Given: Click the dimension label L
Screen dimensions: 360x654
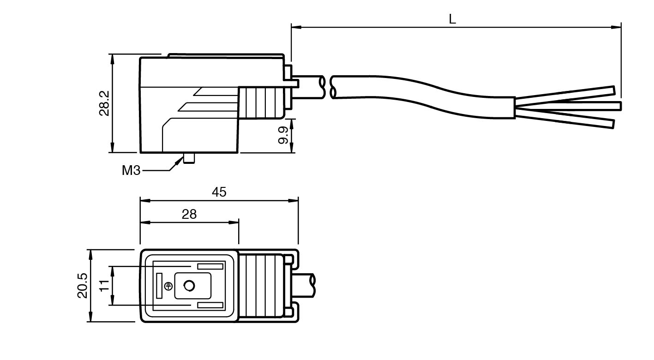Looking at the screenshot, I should (452, 19).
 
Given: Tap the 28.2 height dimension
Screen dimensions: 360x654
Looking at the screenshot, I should (104, 103).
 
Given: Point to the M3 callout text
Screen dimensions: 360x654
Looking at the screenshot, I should (131, 170).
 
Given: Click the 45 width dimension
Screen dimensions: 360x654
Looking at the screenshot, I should (219, 192).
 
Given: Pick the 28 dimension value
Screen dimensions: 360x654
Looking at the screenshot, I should (189, 214).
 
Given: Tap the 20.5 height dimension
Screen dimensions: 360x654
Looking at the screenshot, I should (83, 286).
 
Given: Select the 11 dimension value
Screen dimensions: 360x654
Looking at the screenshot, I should (105, 286).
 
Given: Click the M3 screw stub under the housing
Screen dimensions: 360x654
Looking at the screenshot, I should (189, 158).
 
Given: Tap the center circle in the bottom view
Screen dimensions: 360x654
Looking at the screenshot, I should (189, 286).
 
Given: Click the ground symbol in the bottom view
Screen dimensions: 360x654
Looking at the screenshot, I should (168, 286).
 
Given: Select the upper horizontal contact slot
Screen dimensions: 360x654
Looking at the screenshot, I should (210, 267).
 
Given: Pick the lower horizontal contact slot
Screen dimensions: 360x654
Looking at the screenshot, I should (210, 305).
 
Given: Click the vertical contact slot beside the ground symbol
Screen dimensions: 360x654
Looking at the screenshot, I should (160, 286).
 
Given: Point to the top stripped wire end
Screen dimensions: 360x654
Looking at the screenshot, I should (572, 95).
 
